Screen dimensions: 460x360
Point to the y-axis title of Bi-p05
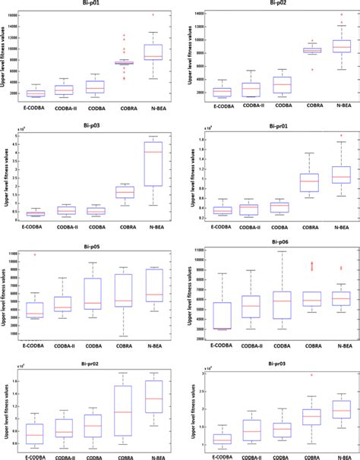point(4,296)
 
